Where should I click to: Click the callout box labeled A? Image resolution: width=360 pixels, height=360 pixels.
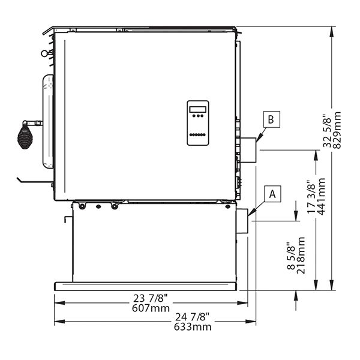[x=272, y=194]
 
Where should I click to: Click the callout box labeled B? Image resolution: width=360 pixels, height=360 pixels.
[x=272, y=119]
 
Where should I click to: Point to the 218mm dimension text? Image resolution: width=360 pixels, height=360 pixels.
[x=301, y=256]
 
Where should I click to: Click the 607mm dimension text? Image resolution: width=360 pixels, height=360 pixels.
[x=151, y=308]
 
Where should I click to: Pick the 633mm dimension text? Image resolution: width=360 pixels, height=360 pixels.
[x=193, y=326]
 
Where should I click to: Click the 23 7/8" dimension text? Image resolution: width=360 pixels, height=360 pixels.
[x=151, y=299]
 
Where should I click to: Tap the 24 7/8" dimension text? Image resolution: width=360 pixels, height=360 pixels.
[x=193, y=317]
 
